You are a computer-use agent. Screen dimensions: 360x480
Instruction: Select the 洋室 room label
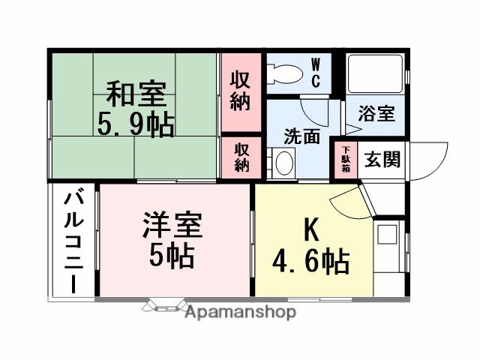[x=172, y=225]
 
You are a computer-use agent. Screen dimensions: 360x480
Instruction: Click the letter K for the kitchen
[x=312, y=229]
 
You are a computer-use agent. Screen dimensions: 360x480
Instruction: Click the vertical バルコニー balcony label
[x=73, y=241]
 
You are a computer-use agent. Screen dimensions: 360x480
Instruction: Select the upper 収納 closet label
[x=240, y=90]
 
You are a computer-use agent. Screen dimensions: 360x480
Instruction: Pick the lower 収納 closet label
[x=241, y=157]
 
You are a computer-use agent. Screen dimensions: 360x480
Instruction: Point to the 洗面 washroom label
[x=301, y=136]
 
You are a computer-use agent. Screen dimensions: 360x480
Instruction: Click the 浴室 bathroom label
[x=376, y=115]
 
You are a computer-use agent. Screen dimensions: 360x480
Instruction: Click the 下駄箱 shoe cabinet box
[x=346, y=159]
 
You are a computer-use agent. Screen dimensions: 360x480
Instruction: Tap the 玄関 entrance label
[x=382, y=160]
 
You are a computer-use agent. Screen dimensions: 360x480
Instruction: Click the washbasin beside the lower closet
[x=283, y=163]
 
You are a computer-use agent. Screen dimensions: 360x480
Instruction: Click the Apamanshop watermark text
[x=240, y=312]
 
